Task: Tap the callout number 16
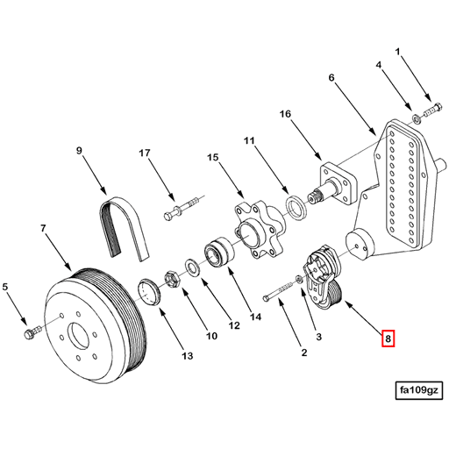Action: (x=285, y=114)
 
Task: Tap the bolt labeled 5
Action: (x=31, y=332)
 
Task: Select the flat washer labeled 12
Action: (x=189, y=264)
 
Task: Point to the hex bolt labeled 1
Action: (x=432, y=111)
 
